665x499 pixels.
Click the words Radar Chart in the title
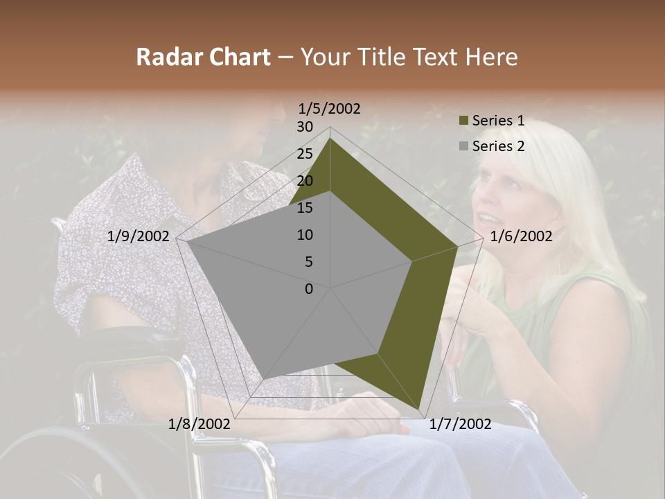203,57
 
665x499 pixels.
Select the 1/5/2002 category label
330,109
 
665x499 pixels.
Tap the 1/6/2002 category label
521,236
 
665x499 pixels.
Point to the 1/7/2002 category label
460,424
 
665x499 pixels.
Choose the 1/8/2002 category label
199,424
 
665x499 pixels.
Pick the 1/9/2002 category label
139,236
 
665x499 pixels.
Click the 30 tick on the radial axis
305,127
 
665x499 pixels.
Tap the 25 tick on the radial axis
305,154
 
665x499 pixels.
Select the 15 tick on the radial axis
305,208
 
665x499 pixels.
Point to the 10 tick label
305,235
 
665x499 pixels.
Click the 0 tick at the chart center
309,289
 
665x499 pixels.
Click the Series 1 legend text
498,121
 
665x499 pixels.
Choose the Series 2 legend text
498,146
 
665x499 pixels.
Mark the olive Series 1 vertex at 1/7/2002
419,408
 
